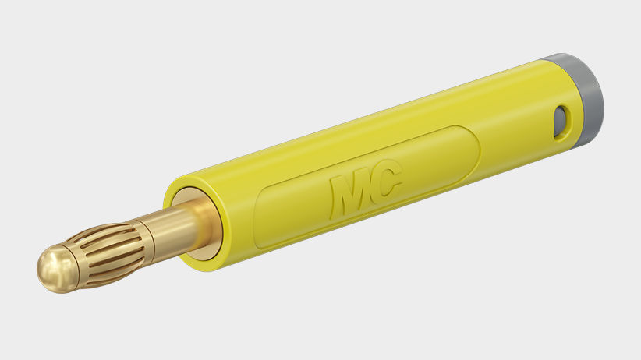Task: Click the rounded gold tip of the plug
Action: [x=56, y=268]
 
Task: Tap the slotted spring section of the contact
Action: [x=108, y=253]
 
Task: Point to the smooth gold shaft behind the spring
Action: [x=175, y=230]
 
